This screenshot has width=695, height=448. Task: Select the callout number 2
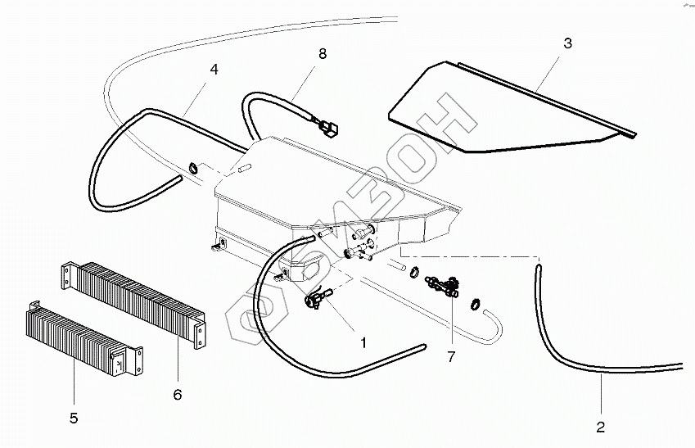[600, 427]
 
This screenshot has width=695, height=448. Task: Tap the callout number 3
[566, 43]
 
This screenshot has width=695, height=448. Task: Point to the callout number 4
[214, 70]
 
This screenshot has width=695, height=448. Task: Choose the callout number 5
[74, 418]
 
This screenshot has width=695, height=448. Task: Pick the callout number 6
[178, 394]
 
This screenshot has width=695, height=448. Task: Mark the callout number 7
[450, 356]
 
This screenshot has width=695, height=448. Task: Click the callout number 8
[323, 54]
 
